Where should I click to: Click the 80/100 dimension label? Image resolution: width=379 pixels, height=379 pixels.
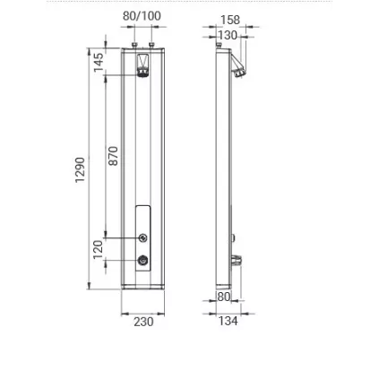tap(142, 16)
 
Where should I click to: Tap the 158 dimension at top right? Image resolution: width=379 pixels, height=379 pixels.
tap(230, 20)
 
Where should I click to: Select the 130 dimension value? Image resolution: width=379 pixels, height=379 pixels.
tap(228, 35)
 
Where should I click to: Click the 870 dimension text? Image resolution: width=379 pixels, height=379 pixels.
tap(114, 156)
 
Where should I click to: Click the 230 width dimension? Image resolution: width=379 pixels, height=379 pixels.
tap(143, 322)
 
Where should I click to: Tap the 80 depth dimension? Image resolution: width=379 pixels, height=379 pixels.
tap(224, 297)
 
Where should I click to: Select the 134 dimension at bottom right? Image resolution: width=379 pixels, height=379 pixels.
tap(229, 322)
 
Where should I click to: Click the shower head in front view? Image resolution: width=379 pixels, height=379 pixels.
tap(142, 66)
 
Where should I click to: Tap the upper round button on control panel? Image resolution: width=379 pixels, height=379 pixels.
tap(142, 238)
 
